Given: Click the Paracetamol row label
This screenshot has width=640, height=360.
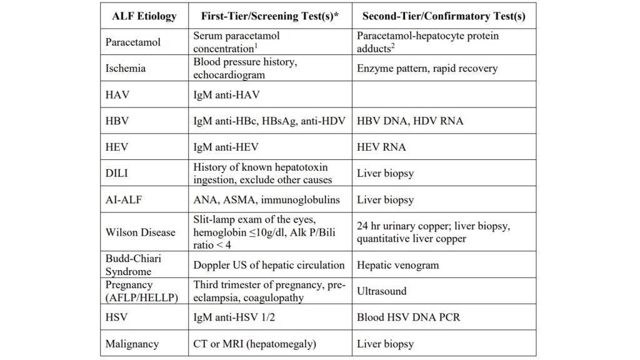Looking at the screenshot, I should click(x=133, y=42).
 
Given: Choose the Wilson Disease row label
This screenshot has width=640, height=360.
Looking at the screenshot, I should click(x=141, y=232).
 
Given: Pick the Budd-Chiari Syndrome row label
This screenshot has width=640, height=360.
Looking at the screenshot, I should click(x=129, y=264).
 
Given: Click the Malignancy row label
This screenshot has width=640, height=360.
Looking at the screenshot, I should click(x=132, y=344).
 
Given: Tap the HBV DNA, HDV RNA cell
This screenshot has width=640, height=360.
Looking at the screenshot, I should click(x=410, y=121).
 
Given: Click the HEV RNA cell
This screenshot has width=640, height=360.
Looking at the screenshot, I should click(x=381, y=147).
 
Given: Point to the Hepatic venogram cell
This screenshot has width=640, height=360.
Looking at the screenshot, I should click(x=397, y=264).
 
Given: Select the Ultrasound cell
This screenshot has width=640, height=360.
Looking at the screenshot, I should click(x=382, y=291).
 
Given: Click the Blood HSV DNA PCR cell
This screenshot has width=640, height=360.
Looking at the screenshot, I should click(x=408, y=317).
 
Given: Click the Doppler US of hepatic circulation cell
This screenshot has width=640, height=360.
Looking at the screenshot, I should click(x=269, y=264).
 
